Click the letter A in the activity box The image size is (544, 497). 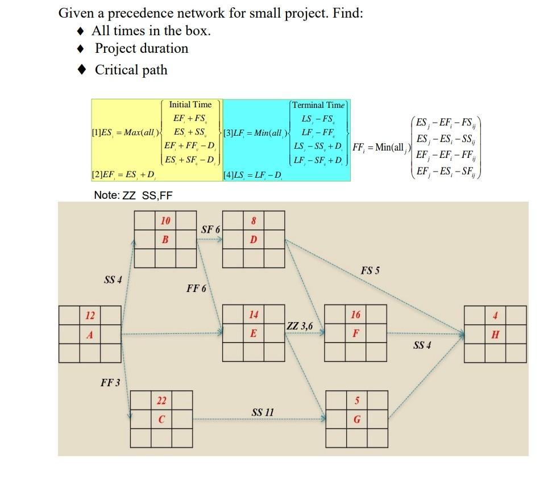click(89, 335)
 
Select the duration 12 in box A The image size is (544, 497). click(89, 315)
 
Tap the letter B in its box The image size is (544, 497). click(165, 239)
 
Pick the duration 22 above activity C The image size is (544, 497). click(161, 401)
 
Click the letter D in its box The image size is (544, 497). click(254, 239)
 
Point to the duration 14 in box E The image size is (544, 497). click(254, 315)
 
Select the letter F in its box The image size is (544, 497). click(355, 334)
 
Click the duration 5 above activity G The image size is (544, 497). click(356, 401)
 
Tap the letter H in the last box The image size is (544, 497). click(495, 335)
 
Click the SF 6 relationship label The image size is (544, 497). click(210, 229)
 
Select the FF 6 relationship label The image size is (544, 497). click(196, 289)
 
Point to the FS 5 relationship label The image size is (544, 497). click(370, 271)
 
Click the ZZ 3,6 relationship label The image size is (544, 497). click(300, 326)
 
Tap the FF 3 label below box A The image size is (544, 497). click(110, 382)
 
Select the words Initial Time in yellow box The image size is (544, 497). click(190, 105)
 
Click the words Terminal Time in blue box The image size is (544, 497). click(318, 105)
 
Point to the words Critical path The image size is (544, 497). click(131, 70)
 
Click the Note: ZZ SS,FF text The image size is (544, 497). click(133, 195)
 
